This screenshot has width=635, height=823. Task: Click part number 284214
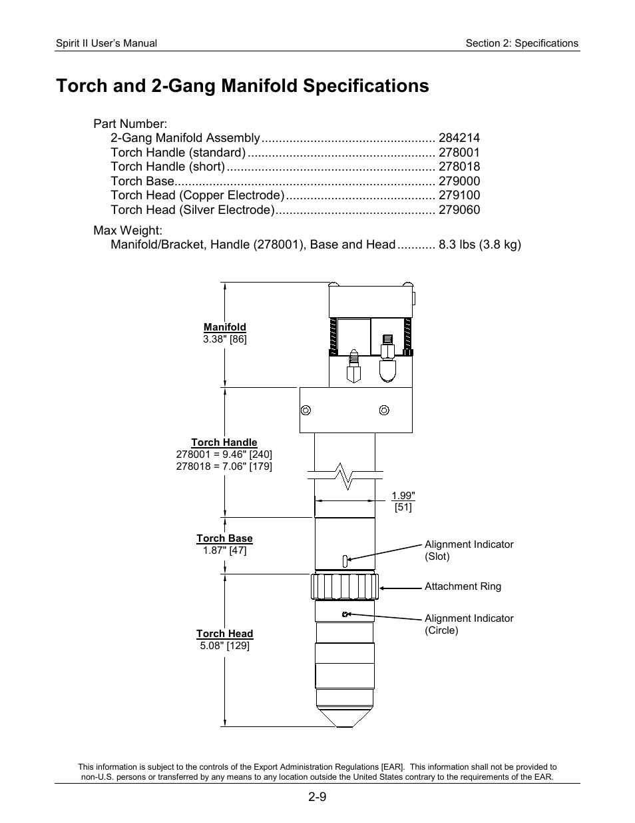coord(459,138)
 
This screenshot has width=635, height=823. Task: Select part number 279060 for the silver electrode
coord(459,210)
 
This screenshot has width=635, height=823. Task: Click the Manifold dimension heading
coord(224,327)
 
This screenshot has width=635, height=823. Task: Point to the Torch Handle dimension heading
coord(224,442)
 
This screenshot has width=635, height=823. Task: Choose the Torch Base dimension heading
coord(224,538)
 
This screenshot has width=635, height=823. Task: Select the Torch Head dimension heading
coord(224,634)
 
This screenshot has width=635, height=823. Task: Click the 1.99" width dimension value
coord(403,496)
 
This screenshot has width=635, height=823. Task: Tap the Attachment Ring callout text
coord(463,586)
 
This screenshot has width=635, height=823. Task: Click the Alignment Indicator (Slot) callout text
coord(469,550)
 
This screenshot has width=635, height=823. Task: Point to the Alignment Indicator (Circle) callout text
coord(469,624)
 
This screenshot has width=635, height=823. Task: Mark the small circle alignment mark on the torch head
coord(344,614)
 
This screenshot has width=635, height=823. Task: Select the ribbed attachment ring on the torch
coord(344,587)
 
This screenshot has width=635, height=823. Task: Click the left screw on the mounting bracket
coord(306,410)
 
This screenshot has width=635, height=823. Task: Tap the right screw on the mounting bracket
coord(383,410)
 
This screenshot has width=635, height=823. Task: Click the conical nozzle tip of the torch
coord(344,718)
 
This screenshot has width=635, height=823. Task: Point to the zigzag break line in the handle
coord(345,475)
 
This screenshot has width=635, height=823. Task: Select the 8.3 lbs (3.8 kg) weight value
coord(479,245)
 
